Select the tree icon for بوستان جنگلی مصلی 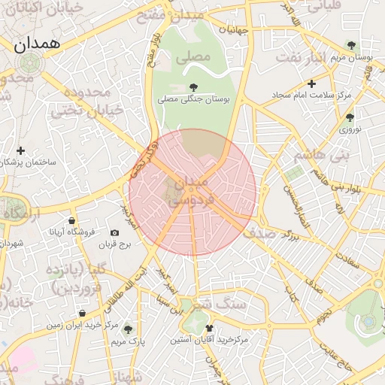click(x=195, y=87)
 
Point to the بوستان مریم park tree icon click(x=350, y=45)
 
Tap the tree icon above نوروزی click(x=350, y=117)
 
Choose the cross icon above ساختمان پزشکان click(x=20, y=150)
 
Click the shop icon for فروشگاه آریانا click(x=71, y=220)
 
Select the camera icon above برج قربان click(x=115, y=233)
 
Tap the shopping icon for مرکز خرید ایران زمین click(x=82, y=313)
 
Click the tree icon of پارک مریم click(x=127, y=329)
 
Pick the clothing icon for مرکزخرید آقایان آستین click(x=209, y=328)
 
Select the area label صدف click(x=261, y=233)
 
